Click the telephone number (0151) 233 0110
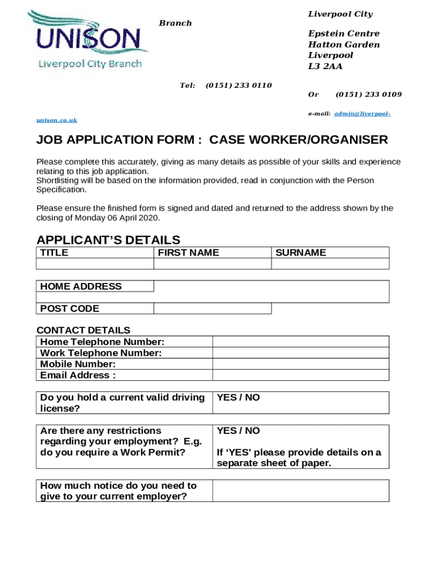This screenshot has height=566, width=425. tap(238, 85)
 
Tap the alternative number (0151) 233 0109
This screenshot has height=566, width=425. tap(368, 95)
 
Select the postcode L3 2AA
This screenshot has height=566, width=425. tap(325, 66)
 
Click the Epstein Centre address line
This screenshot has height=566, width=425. tap(343, 34)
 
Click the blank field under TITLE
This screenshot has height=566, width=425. tap(94, 264)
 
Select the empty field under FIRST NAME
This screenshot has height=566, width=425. tap(212, 264)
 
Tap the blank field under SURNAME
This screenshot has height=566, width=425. tap(330, 264)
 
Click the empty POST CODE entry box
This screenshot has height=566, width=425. tap(212, 308)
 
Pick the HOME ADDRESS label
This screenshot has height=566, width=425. tap(81, 286)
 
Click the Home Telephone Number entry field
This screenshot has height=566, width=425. tap(300, 342)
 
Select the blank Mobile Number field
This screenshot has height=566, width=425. tap(300, 364)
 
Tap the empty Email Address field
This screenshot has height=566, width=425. tap(300, 375)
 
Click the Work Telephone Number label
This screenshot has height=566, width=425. tap(101, 353)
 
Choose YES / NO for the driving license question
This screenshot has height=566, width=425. tap(238, 397)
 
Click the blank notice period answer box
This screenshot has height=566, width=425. tap(300, 491)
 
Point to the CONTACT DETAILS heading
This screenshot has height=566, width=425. tap(83, 331)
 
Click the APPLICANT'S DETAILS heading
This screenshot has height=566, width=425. tap(108, 240)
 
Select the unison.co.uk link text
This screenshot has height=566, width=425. tap(57, 120)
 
